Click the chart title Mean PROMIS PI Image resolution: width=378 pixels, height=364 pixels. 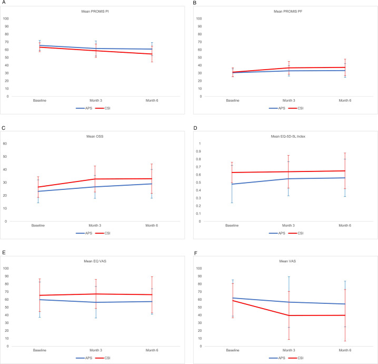pyautogui.click(x=95, y=12)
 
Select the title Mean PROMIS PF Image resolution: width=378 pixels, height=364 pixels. pyautogui.click(x=288, y=12)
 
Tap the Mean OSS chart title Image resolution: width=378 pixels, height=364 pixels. pyautogui.click(x=95, y=137)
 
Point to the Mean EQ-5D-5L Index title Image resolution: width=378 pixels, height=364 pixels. pyautogui.click(x=288, y=137)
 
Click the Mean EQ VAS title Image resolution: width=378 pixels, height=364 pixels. pyautogui.click(x=95, y=261)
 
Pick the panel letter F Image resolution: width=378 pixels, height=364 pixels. pyautogui.click(x=195, y=253)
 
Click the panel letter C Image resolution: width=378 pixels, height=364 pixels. pyautogui.click(x=3, y=128)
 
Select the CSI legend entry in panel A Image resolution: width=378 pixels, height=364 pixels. pyautogui.click(x=103, y=108)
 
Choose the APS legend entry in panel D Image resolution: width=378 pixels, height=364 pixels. pyautogui.click(x=277, y=233)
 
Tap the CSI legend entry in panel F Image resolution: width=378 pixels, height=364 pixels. pyautogui.click(x=296, y=358)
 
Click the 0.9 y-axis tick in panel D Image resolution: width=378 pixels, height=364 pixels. pyautogui.click(x=198, y=151)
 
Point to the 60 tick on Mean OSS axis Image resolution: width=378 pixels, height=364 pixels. pyautogui.click(x=5, y=143)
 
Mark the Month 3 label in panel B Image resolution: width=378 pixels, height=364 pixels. pyautogui.click(x=289, y=100)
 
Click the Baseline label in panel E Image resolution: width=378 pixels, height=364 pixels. pyautogui.click(x=39, y=350)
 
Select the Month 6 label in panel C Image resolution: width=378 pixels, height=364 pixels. pyautogui.click(x=152, y=225)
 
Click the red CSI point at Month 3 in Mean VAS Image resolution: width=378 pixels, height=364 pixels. pyautogui.click(x=289, y=315)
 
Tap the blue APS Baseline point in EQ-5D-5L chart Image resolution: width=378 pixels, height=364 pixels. pyautogui.click(x=232, y=184)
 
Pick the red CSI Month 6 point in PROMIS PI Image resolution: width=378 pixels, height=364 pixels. pyautogui.click(x=152, y=54)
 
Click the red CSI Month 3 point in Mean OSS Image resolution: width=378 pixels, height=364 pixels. pyautogui.click(x=95, y=179)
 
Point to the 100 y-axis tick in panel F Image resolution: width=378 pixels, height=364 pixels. pyautogui.click(x=199, y=269)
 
